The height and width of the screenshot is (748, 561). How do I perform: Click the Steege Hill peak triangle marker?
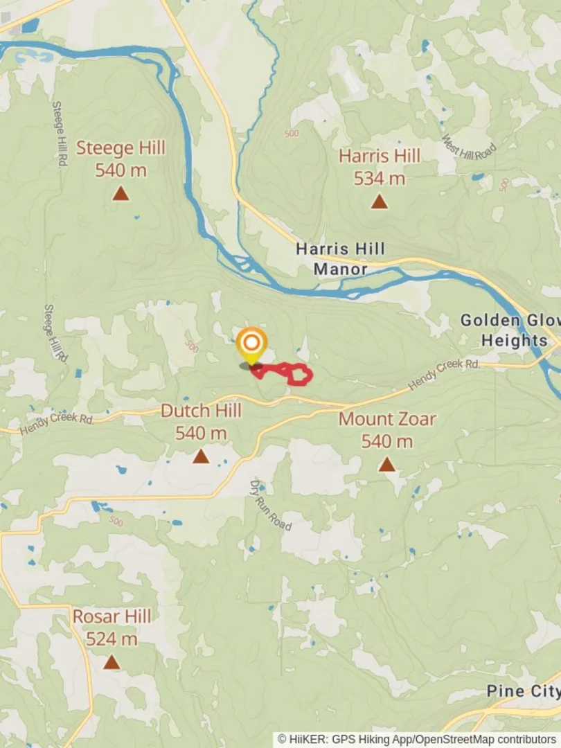[x=121, y=193]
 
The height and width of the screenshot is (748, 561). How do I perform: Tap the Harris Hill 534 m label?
[x=379, y=167]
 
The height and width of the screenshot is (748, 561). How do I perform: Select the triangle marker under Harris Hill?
[x=378, y=202]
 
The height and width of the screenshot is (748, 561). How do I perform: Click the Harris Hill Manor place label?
[x=340, y=258]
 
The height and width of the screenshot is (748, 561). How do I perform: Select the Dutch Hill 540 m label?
[x=201, y=422]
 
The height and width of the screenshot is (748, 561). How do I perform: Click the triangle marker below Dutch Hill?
[x=201, y=456]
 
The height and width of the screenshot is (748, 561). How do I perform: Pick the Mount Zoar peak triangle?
[x=386, y=465]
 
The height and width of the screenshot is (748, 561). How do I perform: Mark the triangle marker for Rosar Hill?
[x=112, y=663]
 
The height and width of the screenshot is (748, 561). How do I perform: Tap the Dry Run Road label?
[x=271, y=506]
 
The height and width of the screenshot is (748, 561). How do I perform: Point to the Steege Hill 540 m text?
[x=121, y=159]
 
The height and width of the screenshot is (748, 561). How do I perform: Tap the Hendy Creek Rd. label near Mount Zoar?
[x=444, y=374]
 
